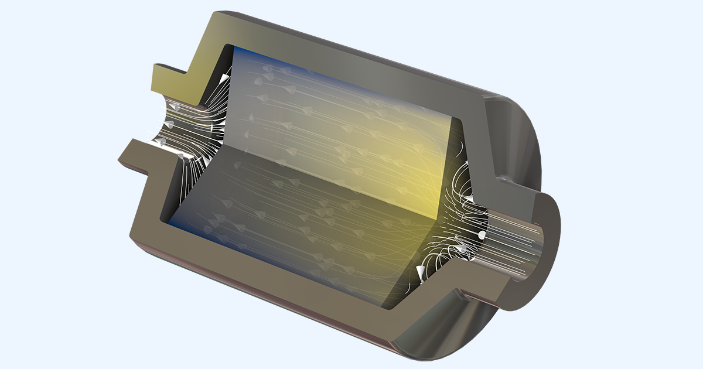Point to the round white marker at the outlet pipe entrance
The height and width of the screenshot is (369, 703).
click(x=482, y=235)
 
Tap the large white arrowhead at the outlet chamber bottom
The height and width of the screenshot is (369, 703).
click(x=421, y=271)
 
